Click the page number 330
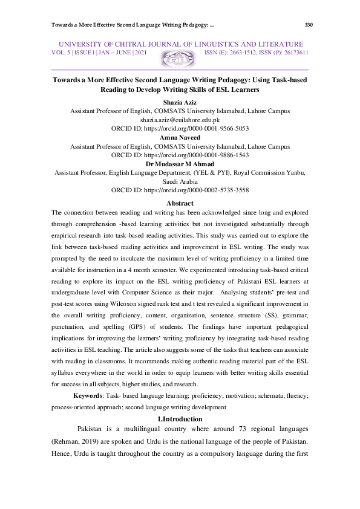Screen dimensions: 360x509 coord(309,25)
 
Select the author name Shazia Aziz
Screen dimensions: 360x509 coord(180,103)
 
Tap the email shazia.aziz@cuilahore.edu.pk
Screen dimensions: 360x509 coord(180,120)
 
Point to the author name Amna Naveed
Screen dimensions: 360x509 coord(180,138)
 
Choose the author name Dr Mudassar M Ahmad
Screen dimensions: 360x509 coord(180,164)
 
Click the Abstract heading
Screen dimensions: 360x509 coord(180,203)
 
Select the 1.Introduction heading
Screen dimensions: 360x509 coord(180,419)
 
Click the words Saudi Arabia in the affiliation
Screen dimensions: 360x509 coord(180,181)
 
